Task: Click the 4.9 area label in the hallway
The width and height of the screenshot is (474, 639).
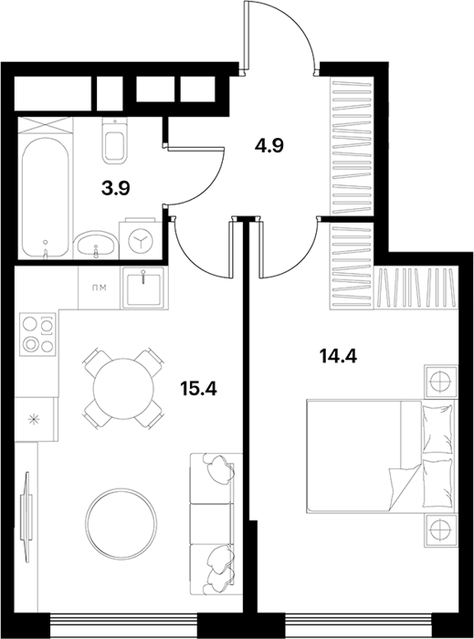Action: coord(269,145)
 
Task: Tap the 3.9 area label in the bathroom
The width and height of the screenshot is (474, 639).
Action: coord(115,188)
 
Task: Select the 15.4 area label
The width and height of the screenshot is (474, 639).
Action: coord(198,389)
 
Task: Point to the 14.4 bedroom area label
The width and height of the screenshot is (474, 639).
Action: coord(338,356)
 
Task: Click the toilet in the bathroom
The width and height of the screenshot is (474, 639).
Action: coord(115,141)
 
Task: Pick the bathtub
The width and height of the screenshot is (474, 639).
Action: coord(45,197)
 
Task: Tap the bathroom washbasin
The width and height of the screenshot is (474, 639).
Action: coord(96,245)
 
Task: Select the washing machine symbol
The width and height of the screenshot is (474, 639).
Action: coord(140,241)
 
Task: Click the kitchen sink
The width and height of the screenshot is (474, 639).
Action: coord(143,288)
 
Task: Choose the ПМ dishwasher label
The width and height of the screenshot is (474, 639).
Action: coord(99,288)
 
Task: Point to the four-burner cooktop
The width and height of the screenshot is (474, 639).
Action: coord(37,335)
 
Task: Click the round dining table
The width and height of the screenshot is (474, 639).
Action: coord(124,388)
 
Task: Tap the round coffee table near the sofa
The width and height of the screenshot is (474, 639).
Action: coord(121,524)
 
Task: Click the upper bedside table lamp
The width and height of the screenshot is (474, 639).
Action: coord(440,382)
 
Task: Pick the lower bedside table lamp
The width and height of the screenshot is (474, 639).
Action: coord(440,530)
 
